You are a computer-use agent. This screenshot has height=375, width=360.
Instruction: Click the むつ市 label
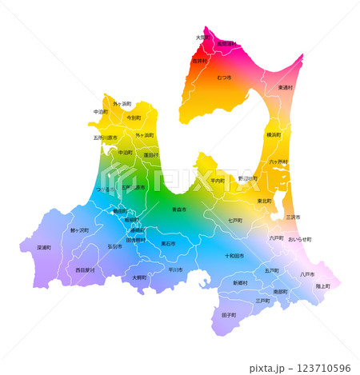pyautogui.click(x=224, y=78)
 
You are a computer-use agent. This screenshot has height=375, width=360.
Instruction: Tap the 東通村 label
pyautogui.click(x=286, y=87)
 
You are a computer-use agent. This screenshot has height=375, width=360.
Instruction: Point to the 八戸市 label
pyautogui.click(x=307, y=274)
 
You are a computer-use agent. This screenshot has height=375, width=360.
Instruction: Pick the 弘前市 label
pyautogui.click(x=115, y=246)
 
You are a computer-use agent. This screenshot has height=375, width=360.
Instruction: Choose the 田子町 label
pyautogui.click(x=229, y=315)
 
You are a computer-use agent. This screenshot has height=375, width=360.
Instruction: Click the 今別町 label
pyautogui.click(x=134, y=118)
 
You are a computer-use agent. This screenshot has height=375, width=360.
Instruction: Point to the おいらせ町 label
pyautogui.click(x=299, y=239)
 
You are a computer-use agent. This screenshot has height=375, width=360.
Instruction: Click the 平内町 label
pyautogui.click(x=218, y=181)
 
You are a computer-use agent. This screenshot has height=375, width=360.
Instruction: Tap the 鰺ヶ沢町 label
pyautogui.click(x=80, y=230)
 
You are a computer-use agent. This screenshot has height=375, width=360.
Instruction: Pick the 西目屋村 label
pyautogui.click(x=85, y=270)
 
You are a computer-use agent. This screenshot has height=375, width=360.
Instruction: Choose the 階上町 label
pyautogui.click(x=322, y=285)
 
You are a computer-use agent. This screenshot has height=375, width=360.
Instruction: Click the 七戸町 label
pyautogui.click(x=235, y=220)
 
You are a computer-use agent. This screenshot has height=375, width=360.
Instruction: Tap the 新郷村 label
pyautogui.click(x=240, y=283)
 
